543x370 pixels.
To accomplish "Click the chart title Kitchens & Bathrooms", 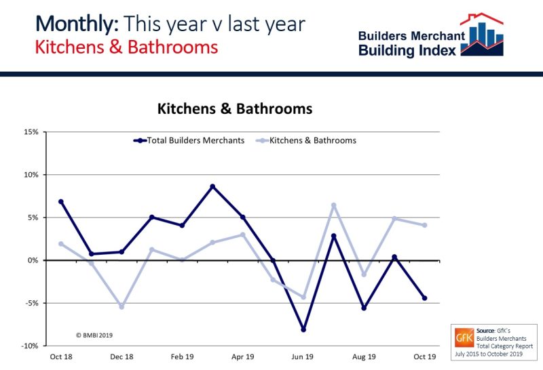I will coord(235,108).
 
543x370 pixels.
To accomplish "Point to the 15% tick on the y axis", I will coord(29,131).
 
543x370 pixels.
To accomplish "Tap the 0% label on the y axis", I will coord(31,260).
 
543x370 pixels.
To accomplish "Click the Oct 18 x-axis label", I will coord(60,356).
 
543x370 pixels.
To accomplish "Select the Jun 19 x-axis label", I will coord(303,356).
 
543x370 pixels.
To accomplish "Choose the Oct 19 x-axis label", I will coord(425,356).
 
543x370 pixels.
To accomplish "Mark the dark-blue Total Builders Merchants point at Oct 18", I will coord(61,201).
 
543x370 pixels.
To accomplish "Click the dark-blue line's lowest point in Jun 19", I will coord(303,330).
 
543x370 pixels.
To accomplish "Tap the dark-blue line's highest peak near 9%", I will coord(212,186).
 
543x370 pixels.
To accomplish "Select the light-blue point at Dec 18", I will coord(121,307).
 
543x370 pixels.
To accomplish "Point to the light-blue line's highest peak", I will coord(334,205).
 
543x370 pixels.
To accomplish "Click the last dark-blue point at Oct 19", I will coord(425,298).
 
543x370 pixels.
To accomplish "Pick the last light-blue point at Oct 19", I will coord(425,225).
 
